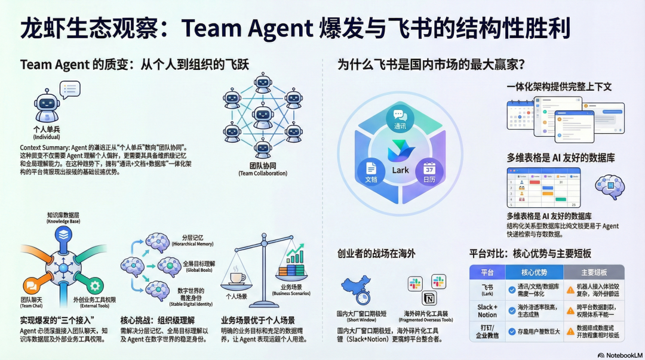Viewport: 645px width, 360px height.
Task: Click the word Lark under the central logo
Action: tap(400, 170)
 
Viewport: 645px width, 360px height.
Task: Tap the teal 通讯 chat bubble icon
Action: tap(400, 116)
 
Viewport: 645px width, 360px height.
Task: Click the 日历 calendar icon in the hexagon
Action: tap(429, 170)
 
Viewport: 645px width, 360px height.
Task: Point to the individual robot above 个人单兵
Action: tap(47, 106)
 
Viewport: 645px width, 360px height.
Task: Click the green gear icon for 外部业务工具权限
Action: tap(94, 285)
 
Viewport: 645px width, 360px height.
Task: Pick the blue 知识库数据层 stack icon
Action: tap(64, 234)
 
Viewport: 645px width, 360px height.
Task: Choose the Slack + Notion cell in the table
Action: tap(487, 311)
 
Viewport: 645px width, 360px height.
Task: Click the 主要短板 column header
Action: tap(594, 272)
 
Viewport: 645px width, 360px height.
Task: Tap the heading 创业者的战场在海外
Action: tap(376, 254)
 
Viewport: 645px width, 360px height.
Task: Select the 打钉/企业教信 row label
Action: tap(487, 332)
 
